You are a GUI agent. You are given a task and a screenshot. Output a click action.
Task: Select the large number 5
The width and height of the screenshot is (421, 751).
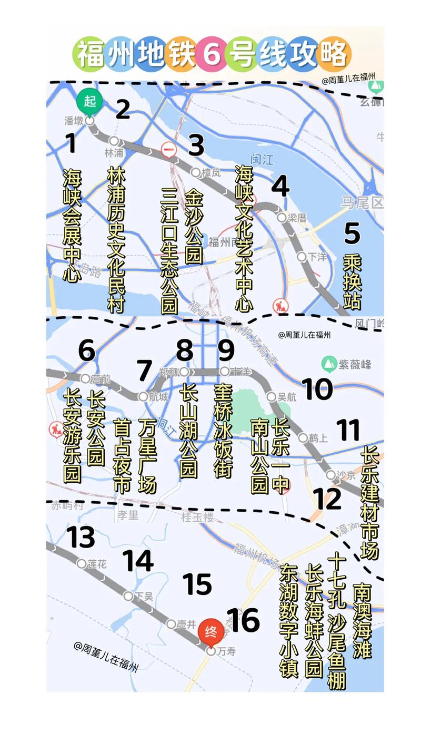click(x=352, y=233)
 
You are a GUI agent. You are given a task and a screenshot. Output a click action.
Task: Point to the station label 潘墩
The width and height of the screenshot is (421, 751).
click(x=74, y=121)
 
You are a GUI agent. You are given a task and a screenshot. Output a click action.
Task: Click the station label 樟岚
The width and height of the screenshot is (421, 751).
click(x=211, y=172)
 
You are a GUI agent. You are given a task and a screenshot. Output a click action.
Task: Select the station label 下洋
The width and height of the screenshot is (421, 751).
click(x=317, y=257)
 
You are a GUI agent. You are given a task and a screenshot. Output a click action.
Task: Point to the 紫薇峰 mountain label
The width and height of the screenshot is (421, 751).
click(x=355, y=364)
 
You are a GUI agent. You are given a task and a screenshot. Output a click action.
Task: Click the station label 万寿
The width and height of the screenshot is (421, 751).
click(x=226, y=651)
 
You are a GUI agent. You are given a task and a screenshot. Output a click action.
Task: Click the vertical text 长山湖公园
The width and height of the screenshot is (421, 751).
click(x=188, y=430)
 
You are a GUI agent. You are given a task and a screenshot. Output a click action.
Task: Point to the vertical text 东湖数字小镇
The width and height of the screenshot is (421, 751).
click(x=289, y=620)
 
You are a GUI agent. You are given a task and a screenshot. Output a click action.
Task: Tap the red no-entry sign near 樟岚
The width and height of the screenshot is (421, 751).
click(x=169, y=150)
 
